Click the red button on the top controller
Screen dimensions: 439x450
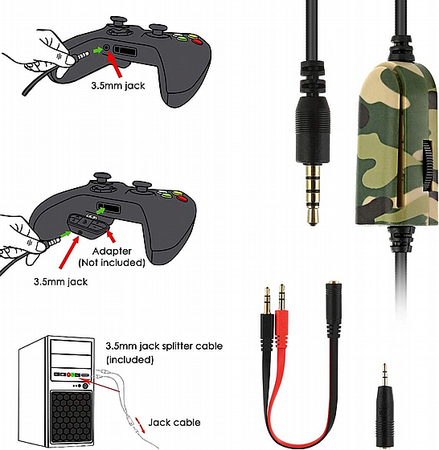click(x=197, y=42)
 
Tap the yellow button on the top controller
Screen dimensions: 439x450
click(x=191, y=36)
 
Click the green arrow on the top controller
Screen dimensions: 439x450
click(x=97, y=50)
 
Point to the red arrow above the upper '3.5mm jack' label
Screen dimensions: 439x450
click(x=115, y=65)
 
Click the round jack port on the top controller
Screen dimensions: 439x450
click(x=106, y=47)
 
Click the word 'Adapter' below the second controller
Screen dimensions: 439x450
click(x=112, y=252)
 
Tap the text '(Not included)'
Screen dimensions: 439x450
click(x=112, y=263)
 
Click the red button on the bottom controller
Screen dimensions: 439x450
click(x=182, y=198)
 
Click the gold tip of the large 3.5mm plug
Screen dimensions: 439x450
click(x=313, y=219)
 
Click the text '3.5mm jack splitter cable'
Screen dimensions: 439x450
click(x=164, y=346)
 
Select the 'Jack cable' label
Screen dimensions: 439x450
click(x=174, y=423)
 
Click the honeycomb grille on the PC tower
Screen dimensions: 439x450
click(x=72, y=418)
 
